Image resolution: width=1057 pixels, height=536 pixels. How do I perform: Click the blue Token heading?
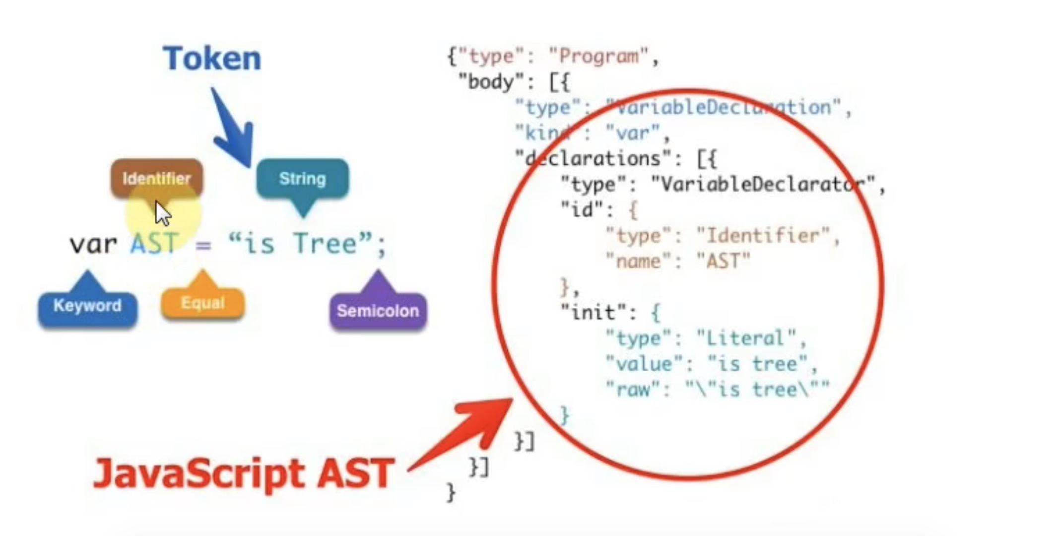tap(212, 59)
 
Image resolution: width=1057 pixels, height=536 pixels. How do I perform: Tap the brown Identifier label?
tap(156, 178)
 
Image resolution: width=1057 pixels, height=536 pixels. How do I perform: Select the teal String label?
tap(302, 178)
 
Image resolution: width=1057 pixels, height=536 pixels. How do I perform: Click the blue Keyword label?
tap(87, 306)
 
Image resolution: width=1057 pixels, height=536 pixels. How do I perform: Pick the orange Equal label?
tap(202, 303)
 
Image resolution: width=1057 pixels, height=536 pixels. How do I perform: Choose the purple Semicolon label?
tap(378, 311)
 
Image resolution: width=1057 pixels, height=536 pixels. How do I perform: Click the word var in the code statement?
tap(93, 244)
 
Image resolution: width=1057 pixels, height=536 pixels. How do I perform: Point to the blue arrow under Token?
tap(233, 129)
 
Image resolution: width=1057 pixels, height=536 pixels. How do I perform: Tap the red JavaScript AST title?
tap(244, 474)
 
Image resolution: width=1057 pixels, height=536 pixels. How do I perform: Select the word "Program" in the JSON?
tap(598, 56)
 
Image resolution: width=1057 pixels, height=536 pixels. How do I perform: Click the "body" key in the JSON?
tap(491, 82)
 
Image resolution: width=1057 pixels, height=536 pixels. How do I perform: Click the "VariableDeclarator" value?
tap(762, 185)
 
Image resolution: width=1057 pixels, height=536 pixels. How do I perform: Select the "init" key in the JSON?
tap(594, 313)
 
